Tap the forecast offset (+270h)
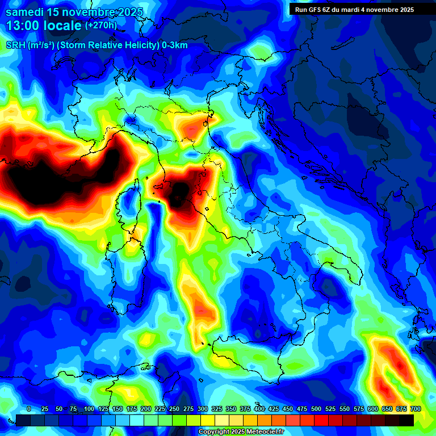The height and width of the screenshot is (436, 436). [x=100, y=25]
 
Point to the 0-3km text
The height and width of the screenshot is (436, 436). [x=175, y=45]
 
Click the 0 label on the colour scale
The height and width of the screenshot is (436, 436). [x=29, y=409]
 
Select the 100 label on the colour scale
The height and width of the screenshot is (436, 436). [x=89, y=409]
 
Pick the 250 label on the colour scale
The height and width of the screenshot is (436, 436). [x=174, y=409]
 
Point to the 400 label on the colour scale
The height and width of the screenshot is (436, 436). [x=259, y=409]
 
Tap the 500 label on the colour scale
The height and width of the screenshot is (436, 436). [x=316, y=409]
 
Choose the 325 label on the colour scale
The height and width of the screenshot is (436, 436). [x=217, y=409]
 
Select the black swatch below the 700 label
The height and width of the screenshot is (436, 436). [x=406, y=420]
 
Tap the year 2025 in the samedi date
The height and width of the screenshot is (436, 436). [x=128, y=12]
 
